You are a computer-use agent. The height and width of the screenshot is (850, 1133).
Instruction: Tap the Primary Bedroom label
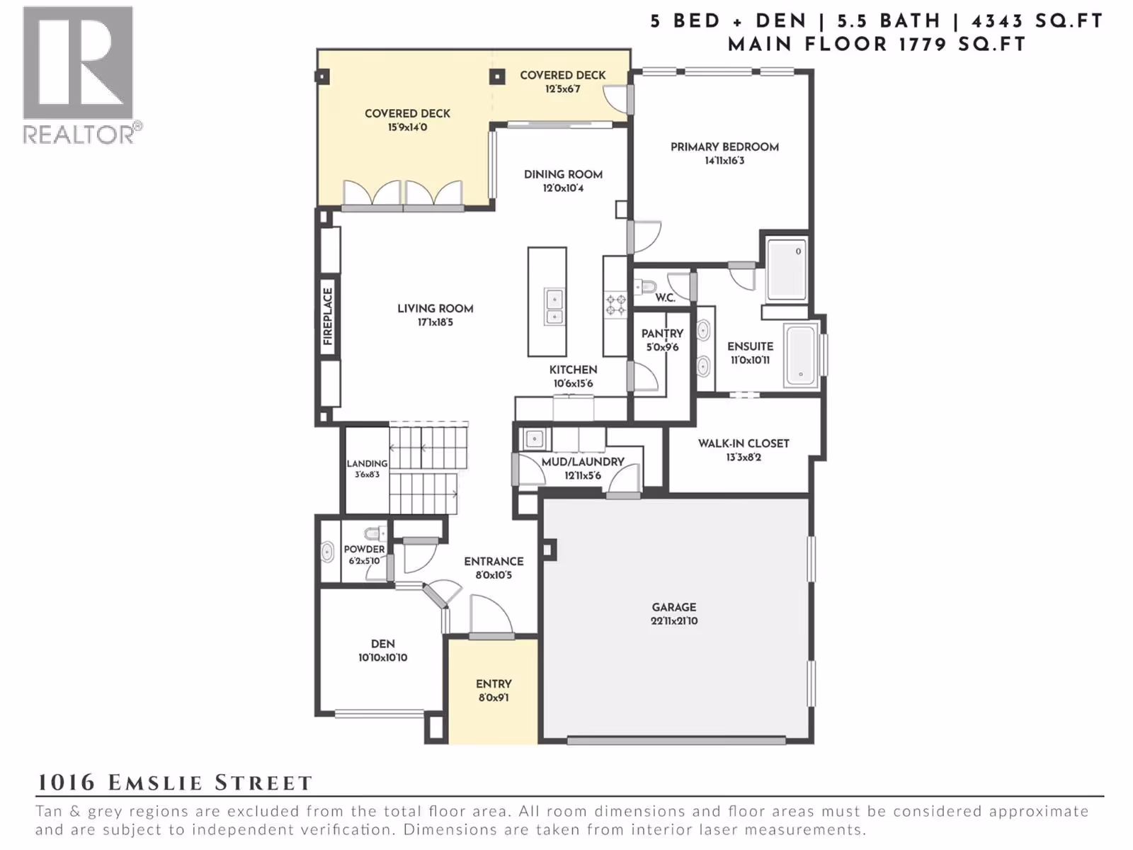point(724,147)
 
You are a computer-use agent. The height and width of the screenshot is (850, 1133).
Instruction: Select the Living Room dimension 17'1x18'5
point(435,322)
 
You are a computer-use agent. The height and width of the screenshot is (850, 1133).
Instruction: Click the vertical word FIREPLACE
point(328,317)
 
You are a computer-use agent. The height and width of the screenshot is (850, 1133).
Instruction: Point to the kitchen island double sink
point(554,307)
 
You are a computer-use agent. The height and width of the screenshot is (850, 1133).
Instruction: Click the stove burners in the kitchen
point(615,305)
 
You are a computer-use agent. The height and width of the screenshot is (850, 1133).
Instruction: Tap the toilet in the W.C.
point(644,286)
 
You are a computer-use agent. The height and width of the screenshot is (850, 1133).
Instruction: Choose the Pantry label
point(662,334)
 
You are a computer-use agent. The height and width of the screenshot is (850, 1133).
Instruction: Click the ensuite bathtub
point(801,356)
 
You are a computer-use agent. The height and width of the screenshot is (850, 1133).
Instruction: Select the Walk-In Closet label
point(744,443)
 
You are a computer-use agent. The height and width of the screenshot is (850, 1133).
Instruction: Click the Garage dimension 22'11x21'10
point(674,621)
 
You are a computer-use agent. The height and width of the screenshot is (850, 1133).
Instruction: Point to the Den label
point(382,644)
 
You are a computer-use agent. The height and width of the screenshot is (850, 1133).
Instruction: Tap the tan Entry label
point(494,684)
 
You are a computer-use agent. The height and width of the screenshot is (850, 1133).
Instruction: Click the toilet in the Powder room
point(374,533)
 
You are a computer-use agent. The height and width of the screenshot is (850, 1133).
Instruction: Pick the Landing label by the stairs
point(367,463)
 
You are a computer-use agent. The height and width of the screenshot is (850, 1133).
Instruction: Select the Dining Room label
point(563,174)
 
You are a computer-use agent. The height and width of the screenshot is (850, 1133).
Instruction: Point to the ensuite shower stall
point(786,269)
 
